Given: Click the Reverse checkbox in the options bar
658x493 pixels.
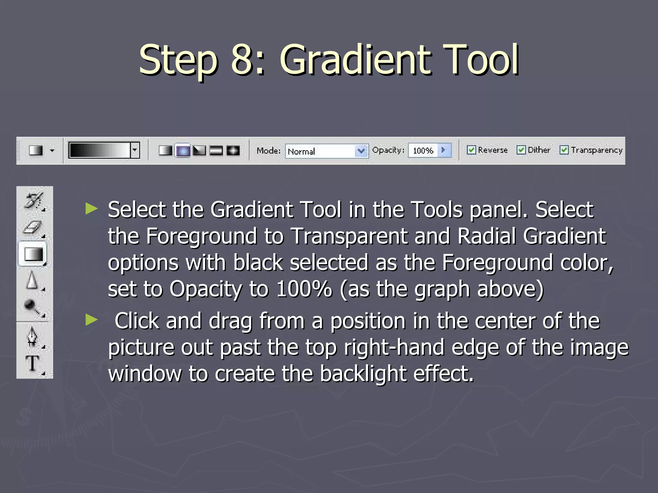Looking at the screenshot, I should click(471, 150).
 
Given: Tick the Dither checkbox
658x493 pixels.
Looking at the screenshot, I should click(521, 150).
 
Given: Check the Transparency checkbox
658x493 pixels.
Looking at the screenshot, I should click(564, 150).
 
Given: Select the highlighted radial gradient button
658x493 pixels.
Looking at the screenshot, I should click(182, 151).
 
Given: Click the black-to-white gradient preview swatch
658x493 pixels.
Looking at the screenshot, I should click(100, 150).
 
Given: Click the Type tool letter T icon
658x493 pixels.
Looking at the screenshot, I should click(32, 364).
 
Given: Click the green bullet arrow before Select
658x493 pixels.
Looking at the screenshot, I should click(92, 209).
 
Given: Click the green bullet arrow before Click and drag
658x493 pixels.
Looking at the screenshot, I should click(92, 320).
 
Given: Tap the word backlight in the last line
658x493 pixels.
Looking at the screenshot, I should click(363, 374).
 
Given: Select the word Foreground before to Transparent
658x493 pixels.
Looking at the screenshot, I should click(201, 236).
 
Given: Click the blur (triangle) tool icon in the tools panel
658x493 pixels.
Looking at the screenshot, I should click(32, 280).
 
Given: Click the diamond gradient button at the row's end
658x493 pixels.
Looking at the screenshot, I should click(233, 151).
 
